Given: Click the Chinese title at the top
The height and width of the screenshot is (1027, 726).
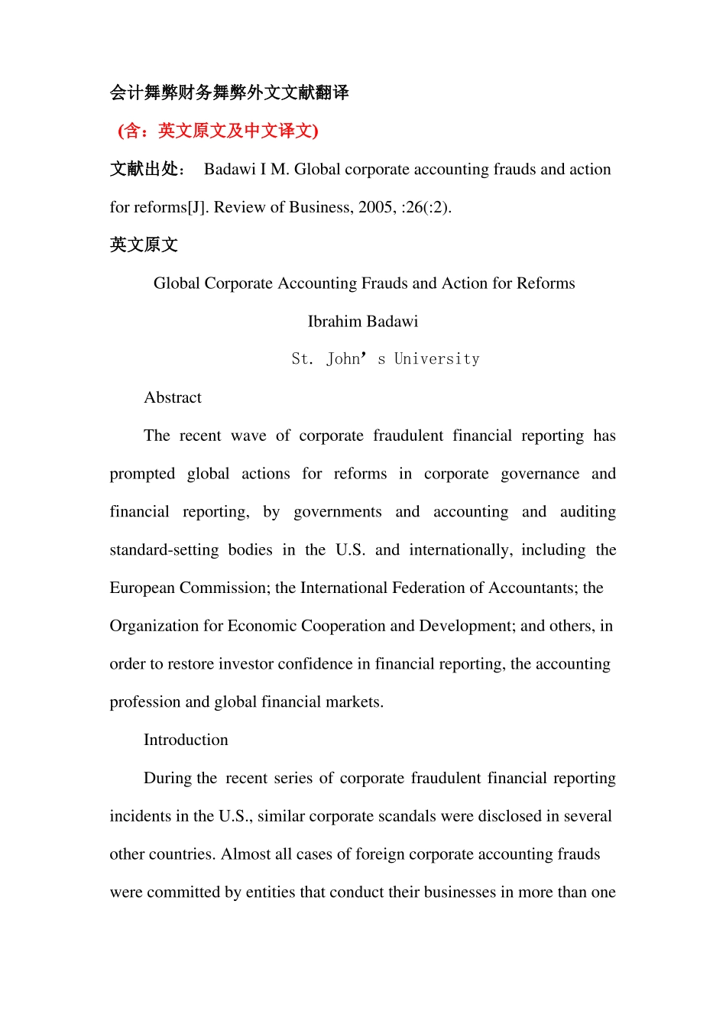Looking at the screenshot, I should pyautogui.click(x=229, y=92).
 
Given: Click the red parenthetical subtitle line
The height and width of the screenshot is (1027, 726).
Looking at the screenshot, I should pyautogui.click(x=218, y=131).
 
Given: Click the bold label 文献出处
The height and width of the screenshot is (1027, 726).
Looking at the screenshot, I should pyautogui.click(x=147, y=169).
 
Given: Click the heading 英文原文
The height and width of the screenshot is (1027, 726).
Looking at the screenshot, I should pyautogui.click(x=144, y=245).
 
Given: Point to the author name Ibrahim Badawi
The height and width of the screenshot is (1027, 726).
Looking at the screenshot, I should pyautogui.click(x=363, y=321).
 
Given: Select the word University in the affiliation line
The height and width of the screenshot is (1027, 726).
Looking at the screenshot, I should pyautogui.click(x=436, y=359).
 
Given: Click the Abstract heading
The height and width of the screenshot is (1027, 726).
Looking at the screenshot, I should pyautogui.click(x=173, y=397).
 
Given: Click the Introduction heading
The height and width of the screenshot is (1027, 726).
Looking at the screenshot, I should pyautogui.click(x=186, y=740).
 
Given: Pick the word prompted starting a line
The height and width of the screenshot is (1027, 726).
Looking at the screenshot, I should pyautogui.click(x=142, y=474).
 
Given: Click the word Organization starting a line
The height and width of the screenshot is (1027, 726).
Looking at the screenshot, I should pyautogui.click(x=154, y=626).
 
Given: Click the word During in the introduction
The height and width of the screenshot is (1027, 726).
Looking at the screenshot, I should pyautogui.click(x=168, y=778).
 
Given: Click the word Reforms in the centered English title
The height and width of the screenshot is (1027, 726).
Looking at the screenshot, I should pyautogui.click(x=546, y=283).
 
